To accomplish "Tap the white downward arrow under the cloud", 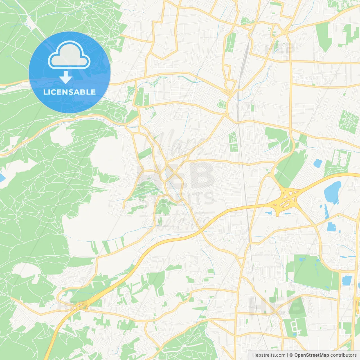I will pos(66,77).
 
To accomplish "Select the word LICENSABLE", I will pos(69,92).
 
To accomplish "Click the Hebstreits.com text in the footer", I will pos(269,355).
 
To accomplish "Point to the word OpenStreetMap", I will pos(312,355).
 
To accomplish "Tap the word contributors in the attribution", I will pos(343,355).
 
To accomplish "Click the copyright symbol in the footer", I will pos(291,355).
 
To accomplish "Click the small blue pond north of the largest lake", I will pos(318,163).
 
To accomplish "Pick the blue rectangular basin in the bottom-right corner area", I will pos(346,280).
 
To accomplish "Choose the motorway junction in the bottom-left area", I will pos(80,305).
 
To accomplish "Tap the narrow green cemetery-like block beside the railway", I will pos(233,142).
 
